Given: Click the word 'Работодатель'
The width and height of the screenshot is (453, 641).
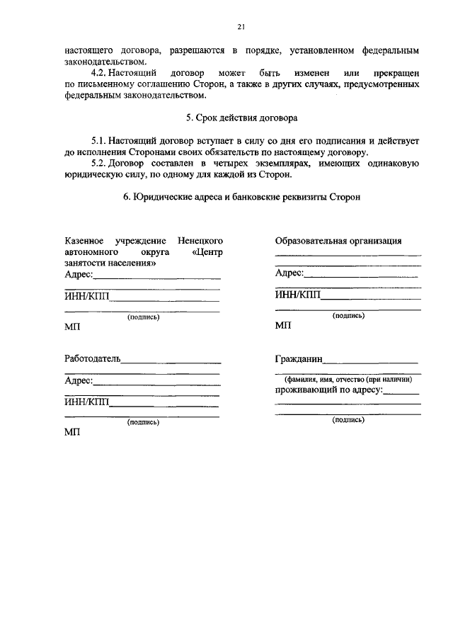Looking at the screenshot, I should (x=92, y=359).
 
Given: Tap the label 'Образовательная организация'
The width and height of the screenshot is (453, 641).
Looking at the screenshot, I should (x=338, y=240).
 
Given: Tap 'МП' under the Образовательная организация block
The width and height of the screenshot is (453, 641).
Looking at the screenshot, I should (x=282, y=326).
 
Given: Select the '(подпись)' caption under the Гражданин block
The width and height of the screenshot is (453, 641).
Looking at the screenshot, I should (x=348, y=420).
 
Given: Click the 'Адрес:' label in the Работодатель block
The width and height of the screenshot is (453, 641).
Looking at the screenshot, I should (x=79, y=380).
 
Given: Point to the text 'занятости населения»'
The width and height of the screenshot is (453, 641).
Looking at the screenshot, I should (x=110, y=263).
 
